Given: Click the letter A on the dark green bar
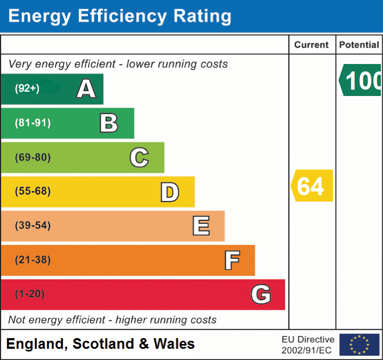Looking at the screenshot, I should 86,89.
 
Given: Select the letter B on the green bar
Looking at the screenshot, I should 109,123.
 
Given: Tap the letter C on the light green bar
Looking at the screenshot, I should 139,157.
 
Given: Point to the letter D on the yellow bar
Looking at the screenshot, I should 169,191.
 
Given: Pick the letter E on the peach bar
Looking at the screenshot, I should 201,226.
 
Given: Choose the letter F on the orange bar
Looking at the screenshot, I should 232,260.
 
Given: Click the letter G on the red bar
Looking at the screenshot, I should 261,294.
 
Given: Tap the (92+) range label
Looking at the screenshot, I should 27,89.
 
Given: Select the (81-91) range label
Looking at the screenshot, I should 33,123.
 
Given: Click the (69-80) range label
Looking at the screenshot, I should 33,157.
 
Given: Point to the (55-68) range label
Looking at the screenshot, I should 33,191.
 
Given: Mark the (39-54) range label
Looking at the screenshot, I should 33,226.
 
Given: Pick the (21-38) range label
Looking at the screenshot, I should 33,260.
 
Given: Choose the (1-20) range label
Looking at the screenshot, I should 30,294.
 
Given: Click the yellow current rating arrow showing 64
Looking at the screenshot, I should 312,186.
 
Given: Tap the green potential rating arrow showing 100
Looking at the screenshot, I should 361,81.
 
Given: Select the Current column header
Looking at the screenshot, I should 312,45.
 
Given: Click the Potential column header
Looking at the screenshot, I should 359,45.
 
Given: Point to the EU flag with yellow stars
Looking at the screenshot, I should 359,345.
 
